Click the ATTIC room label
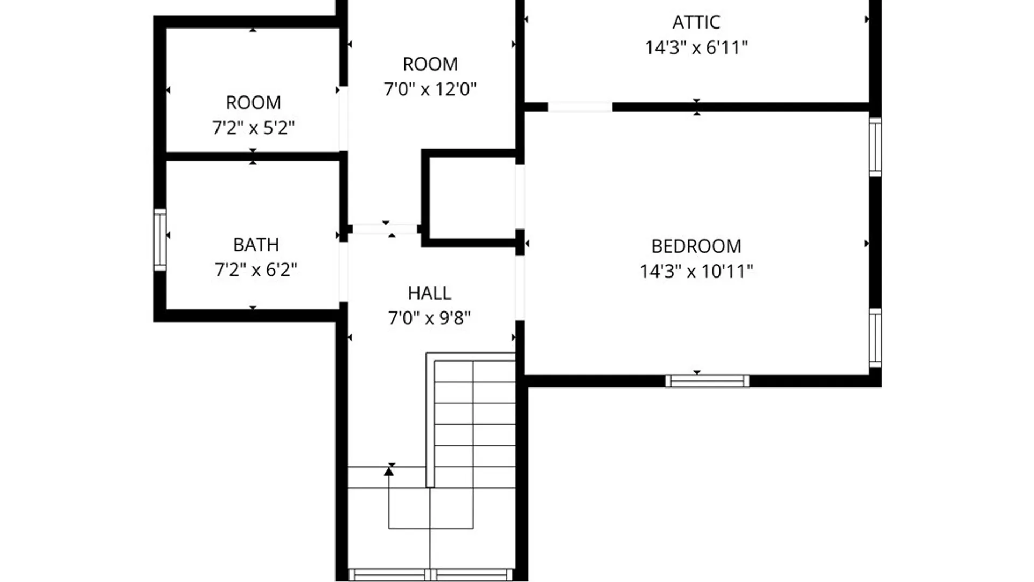(696, 22)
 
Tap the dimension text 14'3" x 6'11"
(696, 47)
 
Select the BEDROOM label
(696, 246)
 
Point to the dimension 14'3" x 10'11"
(696, 271)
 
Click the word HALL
(429, 293)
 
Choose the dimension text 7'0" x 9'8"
(429, 318)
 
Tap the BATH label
(256, 245)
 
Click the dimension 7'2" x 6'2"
(256, 269)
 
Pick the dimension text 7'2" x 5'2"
(253, 128)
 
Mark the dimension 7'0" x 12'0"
(430, 89)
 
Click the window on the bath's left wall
(160, 239)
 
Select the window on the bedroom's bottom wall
(707, 381)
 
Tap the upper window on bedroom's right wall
(875, 147)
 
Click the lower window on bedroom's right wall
(875, 338)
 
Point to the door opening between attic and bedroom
(579, 107)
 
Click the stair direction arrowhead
(389, 472)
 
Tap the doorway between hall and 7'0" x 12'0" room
(385, 229)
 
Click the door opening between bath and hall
(343, 272)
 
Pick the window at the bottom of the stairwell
(430, 575)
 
